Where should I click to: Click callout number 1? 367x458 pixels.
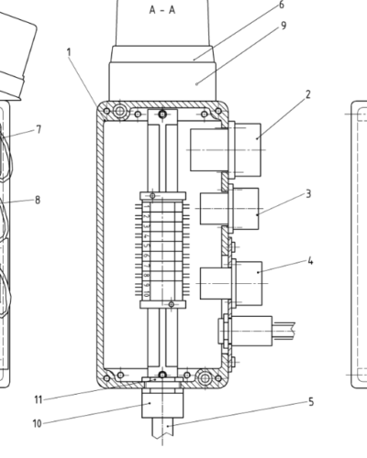pyautogui.click(x=69, y=52)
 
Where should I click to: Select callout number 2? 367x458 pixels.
pyautogui.click(x=308, y=93)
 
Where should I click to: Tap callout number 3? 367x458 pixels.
pyautogui.click(x=308, y=193)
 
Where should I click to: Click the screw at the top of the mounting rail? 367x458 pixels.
pyautogui.click(x=162, y=114)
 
